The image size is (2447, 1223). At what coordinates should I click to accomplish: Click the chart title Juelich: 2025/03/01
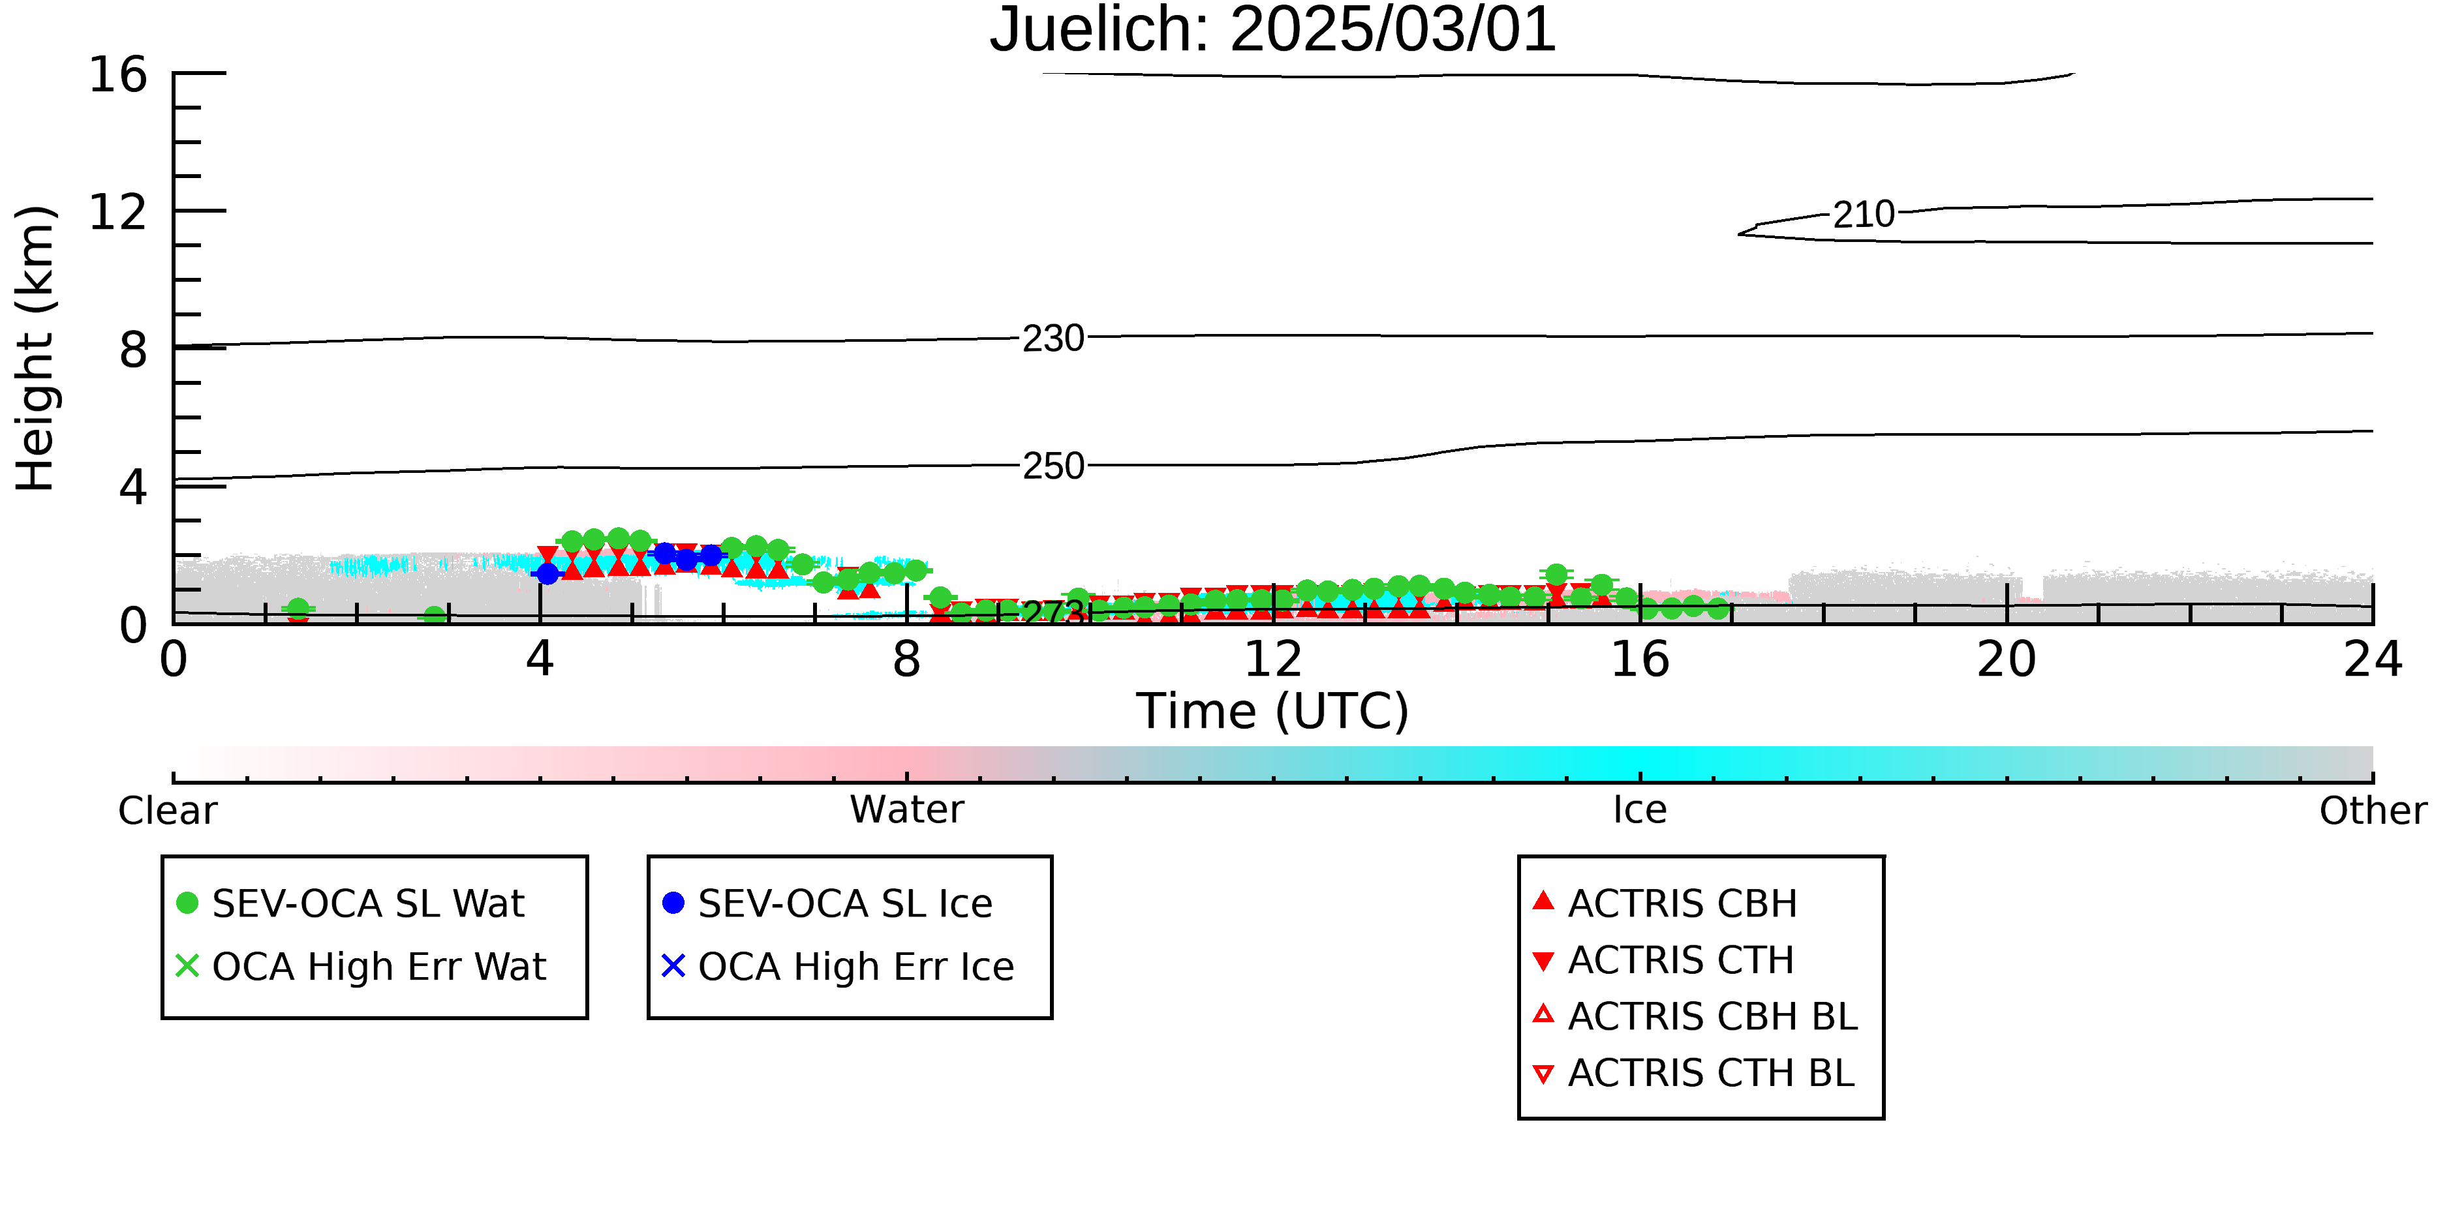tap(1273, 31)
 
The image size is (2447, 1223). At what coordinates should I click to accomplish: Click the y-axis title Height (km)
tap(36, 348)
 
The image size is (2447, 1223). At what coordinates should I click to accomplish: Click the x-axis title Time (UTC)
tap(1273, 711)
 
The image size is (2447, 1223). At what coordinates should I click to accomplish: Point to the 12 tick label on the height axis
tap(118, 212)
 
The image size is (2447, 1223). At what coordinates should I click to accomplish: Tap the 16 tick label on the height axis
tap(118, 74)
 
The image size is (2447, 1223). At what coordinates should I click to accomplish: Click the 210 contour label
tap(1864, 215)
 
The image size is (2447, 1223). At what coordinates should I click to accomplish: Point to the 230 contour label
tap(1053, 338)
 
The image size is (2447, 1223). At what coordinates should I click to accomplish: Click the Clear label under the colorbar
tap(167, 811)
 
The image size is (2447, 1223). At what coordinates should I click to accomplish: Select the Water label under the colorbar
tap(907, 810)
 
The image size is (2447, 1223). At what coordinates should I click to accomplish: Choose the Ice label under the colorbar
tap(1640, 810)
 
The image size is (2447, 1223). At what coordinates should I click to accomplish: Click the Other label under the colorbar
tap(2373, 811)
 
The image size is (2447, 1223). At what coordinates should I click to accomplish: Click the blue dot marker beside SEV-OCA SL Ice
tap(673, 903)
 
